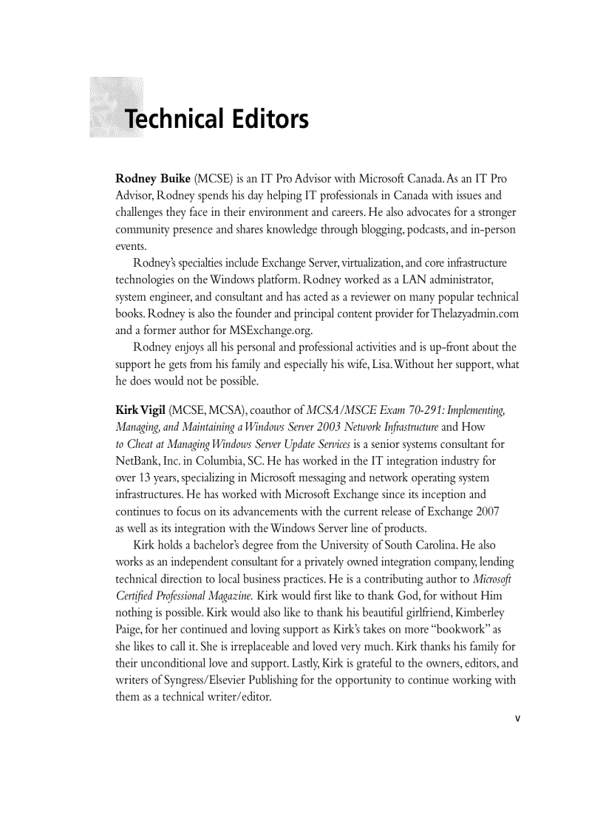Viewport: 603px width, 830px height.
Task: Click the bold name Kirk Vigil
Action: [x=140, y=410]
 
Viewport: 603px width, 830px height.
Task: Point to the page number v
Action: [x=517, y=717]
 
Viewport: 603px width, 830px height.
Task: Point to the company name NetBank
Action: [x=137, y=461]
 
